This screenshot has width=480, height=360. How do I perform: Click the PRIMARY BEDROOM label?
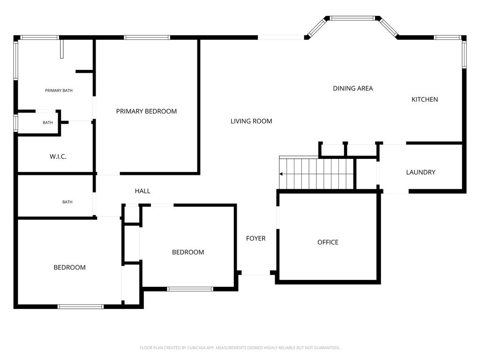(x=146, y=111)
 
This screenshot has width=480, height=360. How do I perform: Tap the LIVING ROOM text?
(x=251, y=121)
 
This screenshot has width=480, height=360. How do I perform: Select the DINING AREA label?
(x=353, y=88)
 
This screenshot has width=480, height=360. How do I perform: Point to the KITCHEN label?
(x=425, y=99)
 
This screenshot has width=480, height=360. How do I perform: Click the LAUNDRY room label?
(x=420, y=172)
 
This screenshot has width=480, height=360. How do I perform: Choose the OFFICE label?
(x=328, y=242)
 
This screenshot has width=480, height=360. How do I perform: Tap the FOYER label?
(x=256, y=238)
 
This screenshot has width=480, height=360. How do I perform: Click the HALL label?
(x=142, y=191)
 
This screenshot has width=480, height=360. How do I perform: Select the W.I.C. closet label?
(x=58, y=157)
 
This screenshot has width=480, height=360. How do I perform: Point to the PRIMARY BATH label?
(x=59, y=90)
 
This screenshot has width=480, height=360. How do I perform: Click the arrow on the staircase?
(x=281, y=174)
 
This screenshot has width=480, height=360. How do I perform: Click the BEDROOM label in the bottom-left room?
(x=69, y=267)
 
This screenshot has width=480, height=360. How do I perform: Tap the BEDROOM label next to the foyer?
(x=188, y=252)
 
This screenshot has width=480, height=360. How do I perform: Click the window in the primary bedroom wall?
(x=147, y=37)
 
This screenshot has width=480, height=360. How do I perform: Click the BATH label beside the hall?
(x=67, y=202)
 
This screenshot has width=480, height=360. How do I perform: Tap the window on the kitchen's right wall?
(x=465, y=54)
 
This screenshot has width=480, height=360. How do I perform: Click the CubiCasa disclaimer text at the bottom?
(x=240, y=348)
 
